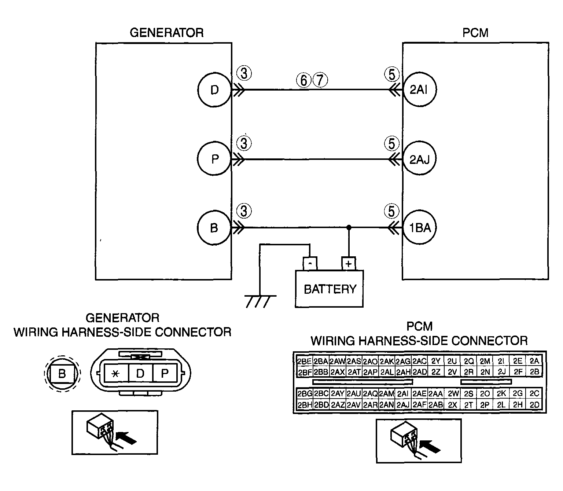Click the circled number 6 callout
(304, 80)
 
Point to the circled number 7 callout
(320, 80)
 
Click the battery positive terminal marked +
(349, 264)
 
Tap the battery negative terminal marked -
(310, 264)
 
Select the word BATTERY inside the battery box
(330, 289)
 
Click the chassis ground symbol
(260, 301)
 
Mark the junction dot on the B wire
(349, 227)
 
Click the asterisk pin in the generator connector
(116, 374)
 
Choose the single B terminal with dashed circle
(62, 374)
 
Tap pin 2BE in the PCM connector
(304, 361)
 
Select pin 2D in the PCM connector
(534, 405)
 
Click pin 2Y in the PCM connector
(435, 361)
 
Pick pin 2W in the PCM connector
(452, 393)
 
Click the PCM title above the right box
(475, 33)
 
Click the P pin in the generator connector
(165, 374)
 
